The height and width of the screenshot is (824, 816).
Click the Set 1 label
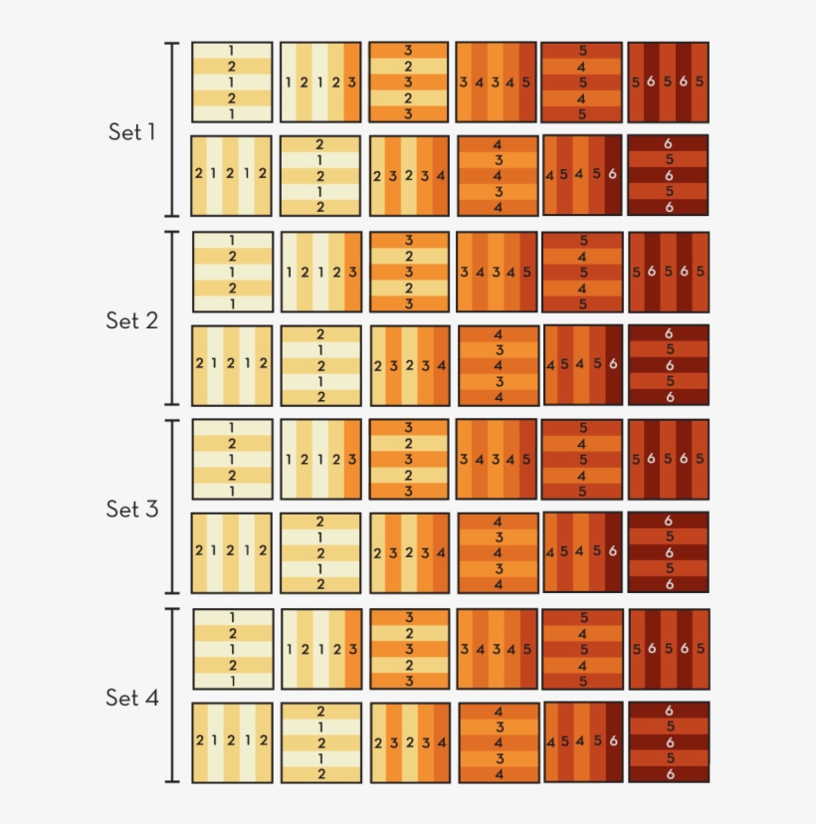[x=131, y=131]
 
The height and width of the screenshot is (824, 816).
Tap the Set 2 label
[x=131, y=320]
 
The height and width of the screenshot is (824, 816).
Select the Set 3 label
[x=131, y=509]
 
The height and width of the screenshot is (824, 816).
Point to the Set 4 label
[x=131, y=698]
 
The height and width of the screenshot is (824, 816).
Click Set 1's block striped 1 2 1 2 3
[x=320, y=82]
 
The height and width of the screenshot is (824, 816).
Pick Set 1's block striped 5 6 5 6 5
[x=668, y=82]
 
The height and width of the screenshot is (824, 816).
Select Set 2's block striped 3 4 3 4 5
[x=496, y=271]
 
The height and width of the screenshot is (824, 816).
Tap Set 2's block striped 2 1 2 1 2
[x=232, y=364]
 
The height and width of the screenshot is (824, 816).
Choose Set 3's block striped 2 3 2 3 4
[x=409, y=552]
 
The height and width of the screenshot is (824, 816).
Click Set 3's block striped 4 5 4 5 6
[x=582, y=552]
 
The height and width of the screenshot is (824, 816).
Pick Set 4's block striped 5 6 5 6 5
[x=668, y=649]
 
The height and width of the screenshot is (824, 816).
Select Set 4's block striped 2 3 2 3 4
[x=409, y=742]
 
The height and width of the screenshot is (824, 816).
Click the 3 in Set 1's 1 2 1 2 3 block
[x=352, y=83]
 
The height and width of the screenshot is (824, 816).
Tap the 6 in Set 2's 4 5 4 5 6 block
[x=613, y=364]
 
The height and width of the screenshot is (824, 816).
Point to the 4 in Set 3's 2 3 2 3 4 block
[x=441, y=552]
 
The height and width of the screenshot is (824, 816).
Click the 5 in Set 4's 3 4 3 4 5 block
[x=526, y=649]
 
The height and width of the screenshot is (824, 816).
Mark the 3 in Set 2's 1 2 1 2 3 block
[x=352, y=272]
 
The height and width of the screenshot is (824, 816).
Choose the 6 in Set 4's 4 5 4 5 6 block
[x=613, y=742]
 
